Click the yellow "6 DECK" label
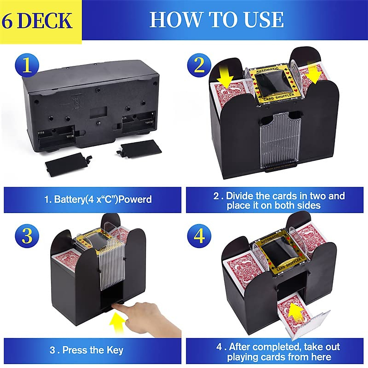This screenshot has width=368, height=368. tap(37, 20)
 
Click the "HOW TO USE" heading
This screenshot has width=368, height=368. tap(217, 20)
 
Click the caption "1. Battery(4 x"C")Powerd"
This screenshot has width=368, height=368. tap(98, 199)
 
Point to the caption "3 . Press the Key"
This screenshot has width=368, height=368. tap(86, 350)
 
